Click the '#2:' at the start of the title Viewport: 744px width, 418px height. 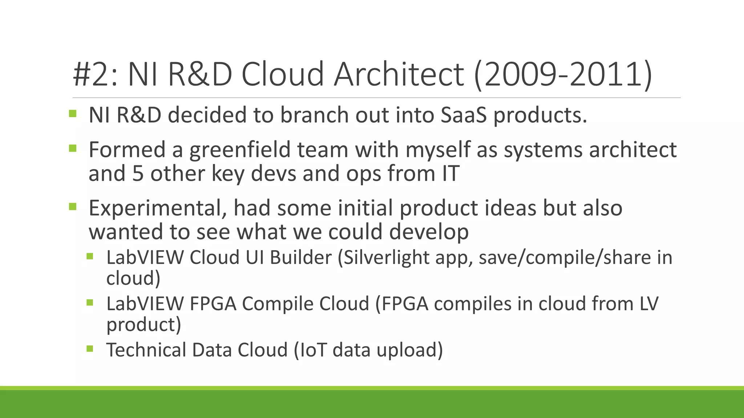point(95,75)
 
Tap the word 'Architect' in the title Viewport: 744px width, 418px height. point(399,75)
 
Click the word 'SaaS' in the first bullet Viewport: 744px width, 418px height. point(463,115)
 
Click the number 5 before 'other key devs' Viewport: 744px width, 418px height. point(138,173)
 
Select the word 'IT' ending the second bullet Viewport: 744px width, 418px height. point(450,173)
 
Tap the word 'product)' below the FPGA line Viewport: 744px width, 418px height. point(143,324)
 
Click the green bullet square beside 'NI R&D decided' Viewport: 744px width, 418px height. point(73,114)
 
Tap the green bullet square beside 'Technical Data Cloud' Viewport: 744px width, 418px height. point(90,349)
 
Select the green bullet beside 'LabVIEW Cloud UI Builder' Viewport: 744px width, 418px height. point(90,257)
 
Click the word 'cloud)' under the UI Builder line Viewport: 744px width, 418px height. point(133,278)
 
